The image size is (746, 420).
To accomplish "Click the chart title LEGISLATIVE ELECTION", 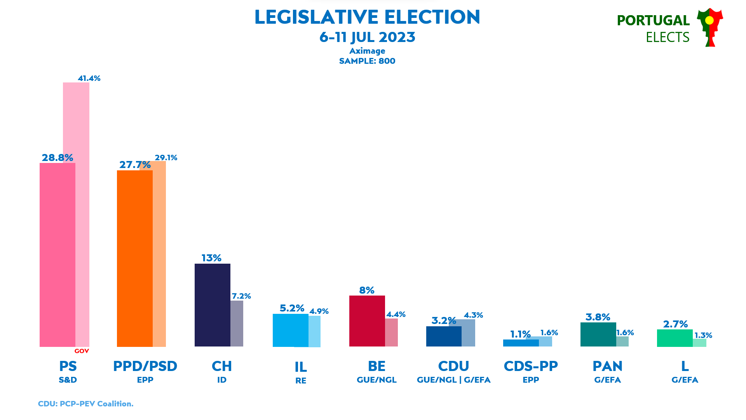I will [367, 17].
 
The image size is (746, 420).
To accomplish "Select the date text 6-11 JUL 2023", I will [367, 37].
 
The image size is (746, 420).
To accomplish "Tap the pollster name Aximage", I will [367, 51].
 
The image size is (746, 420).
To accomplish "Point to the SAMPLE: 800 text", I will [367, 61].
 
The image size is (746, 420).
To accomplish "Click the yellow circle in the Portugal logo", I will [709, 20].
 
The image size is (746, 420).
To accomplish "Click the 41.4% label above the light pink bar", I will [89, 79].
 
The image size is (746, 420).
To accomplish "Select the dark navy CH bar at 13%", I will [212, 305].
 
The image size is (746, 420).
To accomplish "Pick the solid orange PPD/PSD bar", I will [134, 258].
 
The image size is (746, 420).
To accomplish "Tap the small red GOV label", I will [82, 351].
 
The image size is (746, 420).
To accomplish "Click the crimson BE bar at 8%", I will [367, 321].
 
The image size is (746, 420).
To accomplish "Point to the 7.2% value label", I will [241, 296].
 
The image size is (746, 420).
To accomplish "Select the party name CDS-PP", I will [531, 366].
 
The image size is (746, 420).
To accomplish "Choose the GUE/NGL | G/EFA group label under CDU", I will [453, 380].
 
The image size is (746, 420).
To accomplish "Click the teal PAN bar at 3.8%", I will [598, 334].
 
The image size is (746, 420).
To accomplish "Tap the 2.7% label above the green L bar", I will [675, 324].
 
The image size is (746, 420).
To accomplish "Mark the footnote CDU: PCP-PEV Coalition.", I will [85, 404].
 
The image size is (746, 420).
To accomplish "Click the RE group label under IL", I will [301, 381].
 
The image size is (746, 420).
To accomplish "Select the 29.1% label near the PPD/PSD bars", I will [166, 157].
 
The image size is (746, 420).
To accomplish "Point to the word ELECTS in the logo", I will [668, 37].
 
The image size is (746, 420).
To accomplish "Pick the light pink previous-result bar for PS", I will [82, 214].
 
